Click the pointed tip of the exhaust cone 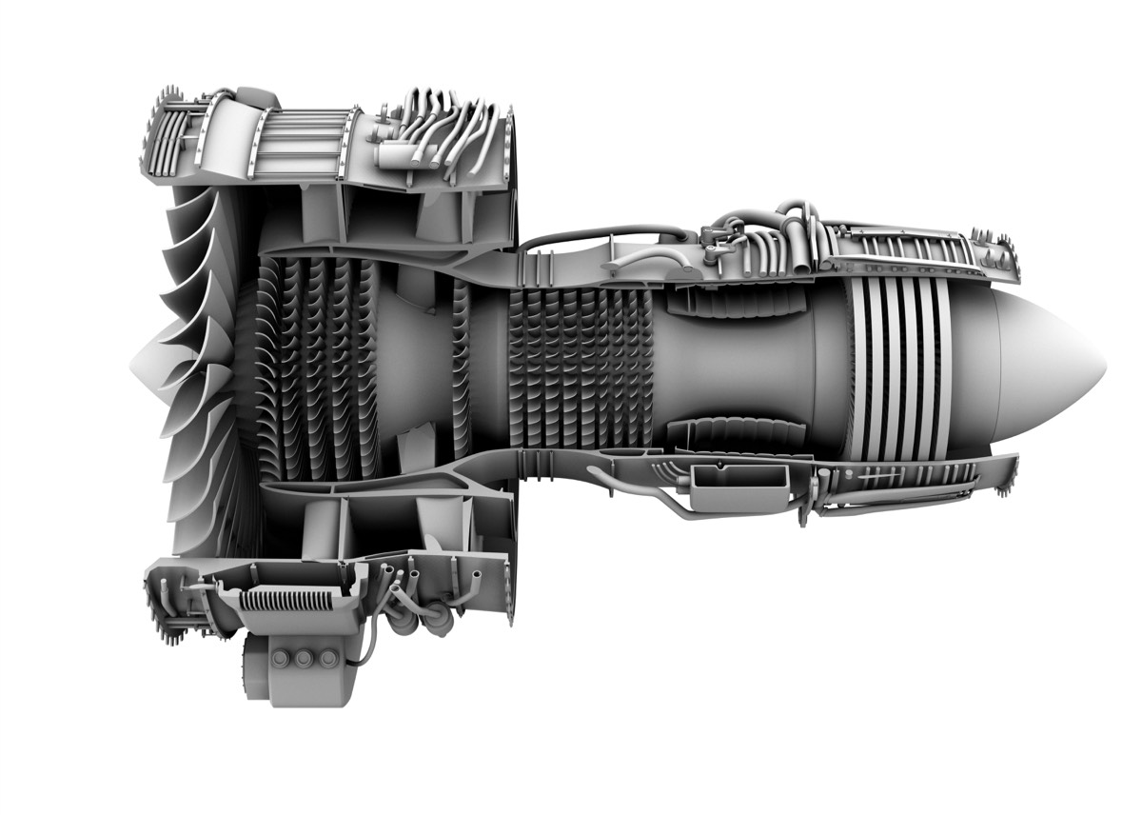pos(1106,368)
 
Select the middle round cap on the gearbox pos(305,658)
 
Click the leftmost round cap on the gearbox pos(283,658)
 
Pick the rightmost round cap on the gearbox pos(327,658)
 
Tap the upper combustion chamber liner pos(732,302)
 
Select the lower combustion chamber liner pos(732,433)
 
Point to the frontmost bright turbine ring pos(860,367)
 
